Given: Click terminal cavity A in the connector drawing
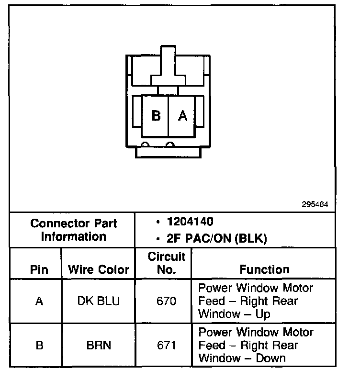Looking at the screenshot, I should tap(182, 116).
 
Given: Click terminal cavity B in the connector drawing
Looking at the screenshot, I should tap(156, 116).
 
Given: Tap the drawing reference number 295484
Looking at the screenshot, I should tap(315, 204).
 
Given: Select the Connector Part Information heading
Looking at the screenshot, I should tap(73, 230).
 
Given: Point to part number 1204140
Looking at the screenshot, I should tap(190, 222).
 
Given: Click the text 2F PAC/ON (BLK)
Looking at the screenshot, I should tap(214, 238).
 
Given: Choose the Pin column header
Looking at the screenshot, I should tap(39, 269).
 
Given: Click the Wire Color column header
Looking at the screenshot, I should tap(99, 269).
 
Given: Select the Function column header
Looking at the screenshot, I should tap(264, 269).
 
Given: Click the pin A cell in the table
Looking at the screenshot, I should tap(39, 301).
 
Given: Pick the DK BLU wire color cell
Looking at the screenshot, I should tap(99, 301).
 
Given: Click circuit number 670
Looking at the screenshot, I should tap(166, 301).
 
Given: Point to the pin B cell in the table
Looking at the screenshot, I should tap(39, 345).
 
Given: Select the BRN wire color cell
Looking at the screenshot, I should tap(99, 345).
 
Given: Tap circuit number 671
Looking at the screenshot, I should tap(166, 345).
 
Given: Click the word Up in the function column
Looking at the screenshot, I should tap(263, 314).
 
